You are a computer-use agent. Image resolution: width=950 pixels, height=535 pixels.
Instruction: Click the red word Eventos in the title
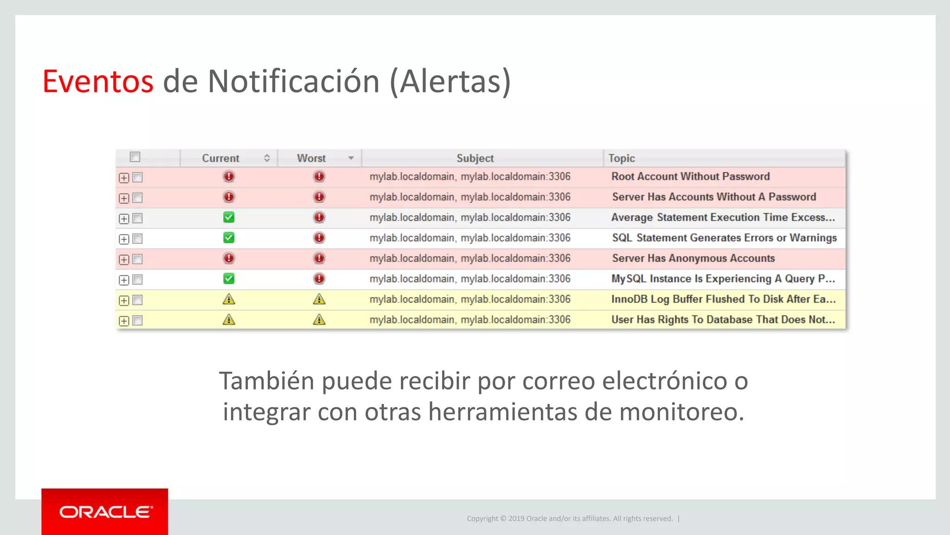click(98, 82)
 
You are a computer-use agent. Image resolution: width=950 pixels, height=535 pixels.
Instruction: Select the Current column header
click(220, 158)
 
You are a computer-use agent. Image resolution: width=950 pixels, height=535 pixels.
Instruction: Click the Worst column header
click(311, 158)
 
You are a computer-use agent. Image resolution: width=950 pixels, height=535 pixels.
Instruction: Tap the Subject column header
click(475, 158)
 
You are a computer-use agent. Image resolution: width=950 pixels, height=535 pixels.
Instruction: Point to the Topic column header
click(622, 158)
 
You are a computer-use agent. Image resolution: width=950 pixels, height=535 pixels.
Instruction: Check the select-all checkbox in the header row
click(135, 157)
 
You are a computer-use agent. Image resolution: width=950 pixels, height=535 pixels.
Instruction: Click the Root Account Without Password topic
click(690, 176)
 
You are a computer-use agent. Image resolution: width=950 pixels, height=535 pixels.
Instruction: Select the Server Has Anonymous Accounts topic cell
click(693, 258)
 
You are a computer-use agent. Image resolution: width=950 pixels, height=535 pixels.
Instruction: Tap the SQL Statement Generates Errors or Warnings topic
click(724, 238)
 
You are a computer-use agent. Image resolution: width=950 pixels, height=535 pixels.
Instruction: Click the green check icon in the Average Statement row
click(229, 217)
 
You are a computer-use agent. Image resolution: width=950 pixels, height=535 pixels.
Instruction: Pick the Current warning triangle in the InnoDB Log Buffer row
click(229, 299)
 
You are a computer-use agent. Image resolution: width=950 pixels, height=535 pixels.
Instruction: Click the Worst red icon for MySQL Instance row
click(319, 278)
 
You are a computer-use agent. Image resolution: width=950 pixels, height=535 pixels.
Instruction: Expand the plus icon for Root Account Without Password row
click(124, 178)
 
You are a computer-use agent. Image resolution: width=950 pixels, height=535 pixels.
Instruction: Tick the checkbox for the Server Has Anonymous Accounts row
click(138, 259)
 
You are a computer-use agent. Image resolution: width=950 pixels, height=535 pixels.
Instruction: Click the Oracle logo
click(105, 512)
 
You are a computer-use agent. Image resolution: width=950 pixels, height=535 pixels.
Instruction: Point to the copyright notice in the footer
click(570, 518)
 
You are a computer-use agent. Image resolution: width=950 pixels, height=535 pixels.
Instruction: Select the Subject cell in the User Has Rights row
click(469, 320)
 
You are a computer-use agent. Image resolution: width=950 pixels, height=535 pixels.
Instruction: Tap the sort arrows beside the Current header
click(267, 158)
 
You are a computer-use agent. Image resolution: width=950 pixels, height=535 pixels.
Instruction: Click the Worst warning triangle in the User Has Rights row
click(319, 320)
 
